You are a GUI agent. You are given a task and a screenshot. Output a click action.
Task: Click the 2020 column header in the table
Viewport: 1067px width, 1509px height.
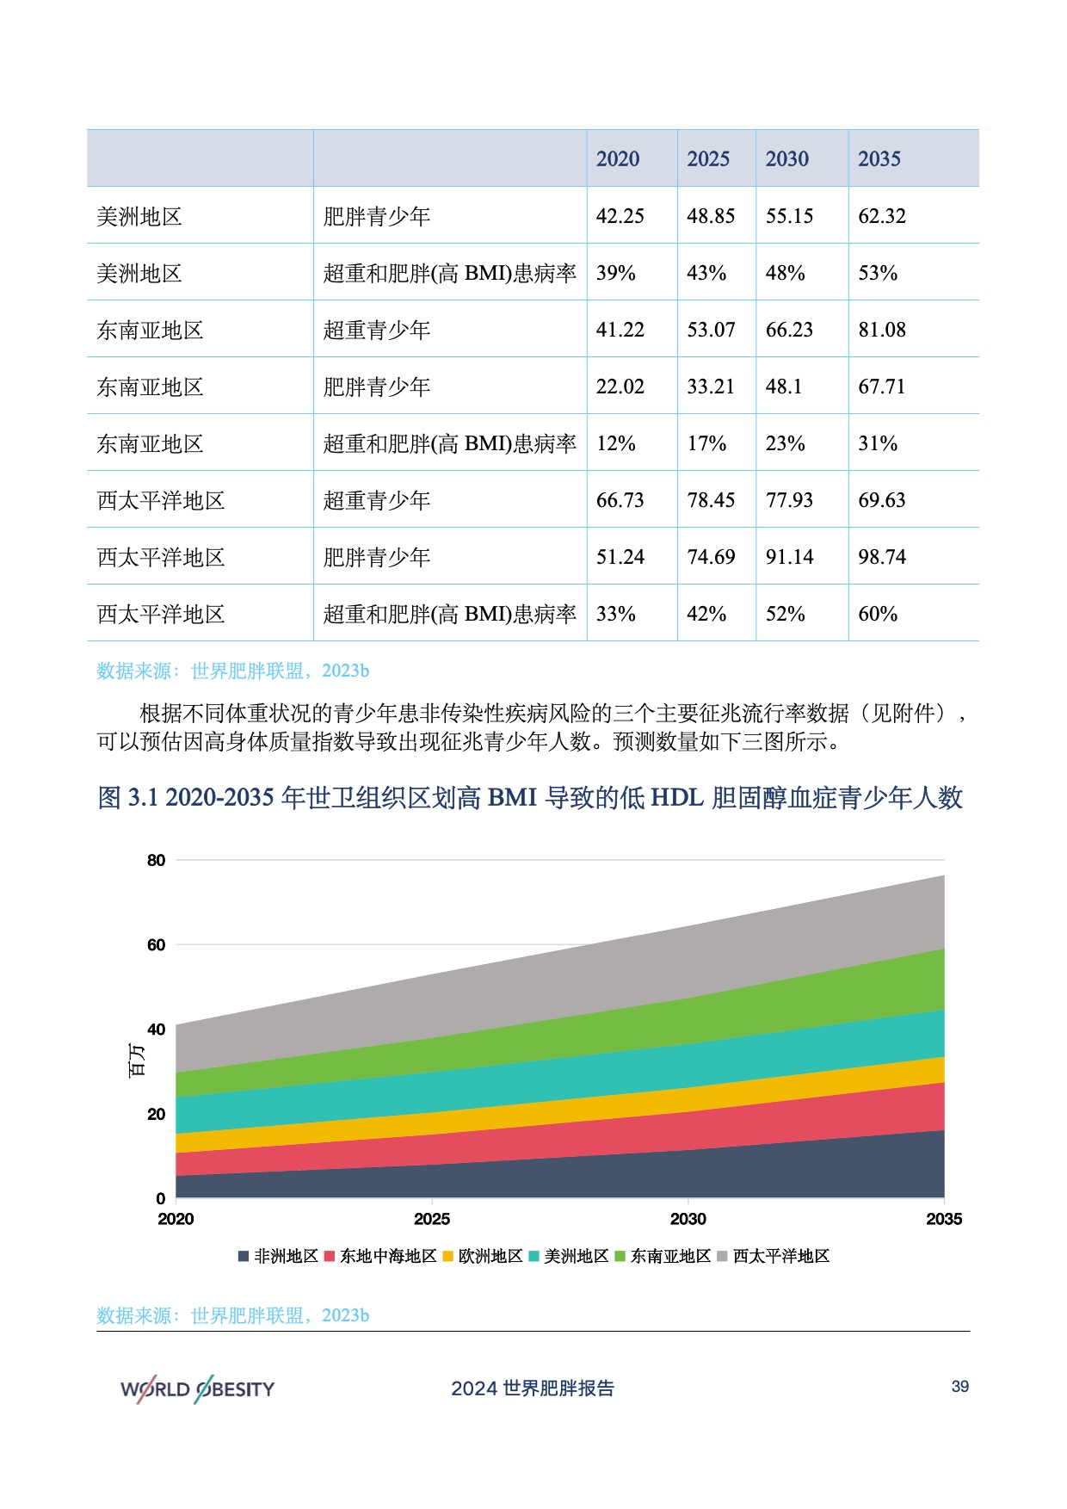tap(618, 159)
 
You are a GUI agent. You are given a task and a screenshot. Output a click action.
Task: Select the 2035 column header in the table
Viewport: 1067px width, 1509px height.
tap(879, 159)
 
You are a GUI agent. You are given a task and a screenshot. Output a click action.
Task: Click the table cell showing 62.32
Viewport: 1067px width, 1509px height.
tap(881, 216)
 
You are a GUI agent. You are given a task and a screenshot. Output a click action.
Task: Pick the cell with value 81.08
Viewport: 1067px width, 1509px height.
tap(881, 330)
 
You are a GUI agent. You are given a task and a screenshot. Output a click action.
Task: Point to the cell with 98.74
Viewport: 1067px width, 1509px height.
tap(881, 557)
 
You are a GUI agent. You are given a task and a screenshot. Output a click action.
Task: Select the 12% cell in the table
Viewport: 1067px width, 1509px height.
tap(615, 443)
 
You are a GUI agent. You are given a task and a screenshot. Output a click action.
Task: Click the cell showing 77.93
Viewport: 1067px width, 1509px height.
tap(789, 500)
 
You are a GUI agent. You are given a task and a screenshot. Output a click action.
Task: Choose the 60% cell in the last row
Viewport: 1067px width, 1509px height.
tap(877, 614)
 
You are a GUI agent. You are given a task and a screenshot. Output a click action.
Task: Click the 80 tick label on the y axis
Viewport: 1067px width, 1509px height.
tap(156, 860)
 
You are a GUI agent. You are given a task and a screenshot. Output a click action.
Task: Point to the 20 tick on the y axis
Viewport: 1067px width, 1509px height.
tap(156, 1114)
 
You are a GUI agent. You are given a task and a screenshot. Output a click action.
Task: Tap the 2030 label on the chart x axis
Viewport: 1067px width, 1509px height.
tap(688, 1219)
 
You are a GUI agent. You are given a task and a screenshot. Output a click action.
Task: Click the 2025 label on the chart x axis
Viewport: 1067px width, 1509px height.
tap(431, 1219)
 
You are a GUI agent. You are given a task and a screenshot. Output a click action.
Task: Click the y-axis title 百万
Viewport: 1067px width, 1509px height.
tap(136, 1060)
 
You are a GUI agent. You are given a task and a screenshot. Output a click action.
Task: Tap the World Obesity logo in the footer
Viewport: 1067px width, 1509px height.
tap(197, 1388)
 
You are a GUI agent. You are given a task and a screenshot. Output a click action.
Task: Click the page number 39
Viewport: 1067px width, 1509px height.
tap(959, 1387)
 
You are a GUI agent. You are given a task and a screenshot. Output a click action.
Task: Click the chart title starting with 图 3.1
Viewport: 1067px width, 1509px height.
tap(530, 798)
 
